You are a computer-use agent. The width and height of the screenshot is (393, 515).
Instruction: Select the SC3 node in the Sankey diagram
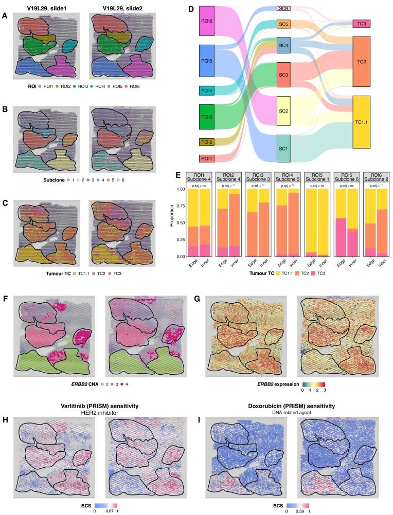click(x=284, y=75)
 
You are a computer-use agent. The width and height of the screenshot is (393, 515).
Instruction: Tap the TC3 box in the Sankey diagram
click(x=362, y=24)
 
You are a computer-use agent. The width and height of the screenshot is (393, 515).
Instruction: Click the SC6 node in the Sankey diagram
click(x=284, y=9)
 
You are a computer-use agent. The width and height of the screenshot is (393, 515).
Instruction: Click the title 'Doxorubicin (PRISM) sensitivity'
click(x=293, y=406)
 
